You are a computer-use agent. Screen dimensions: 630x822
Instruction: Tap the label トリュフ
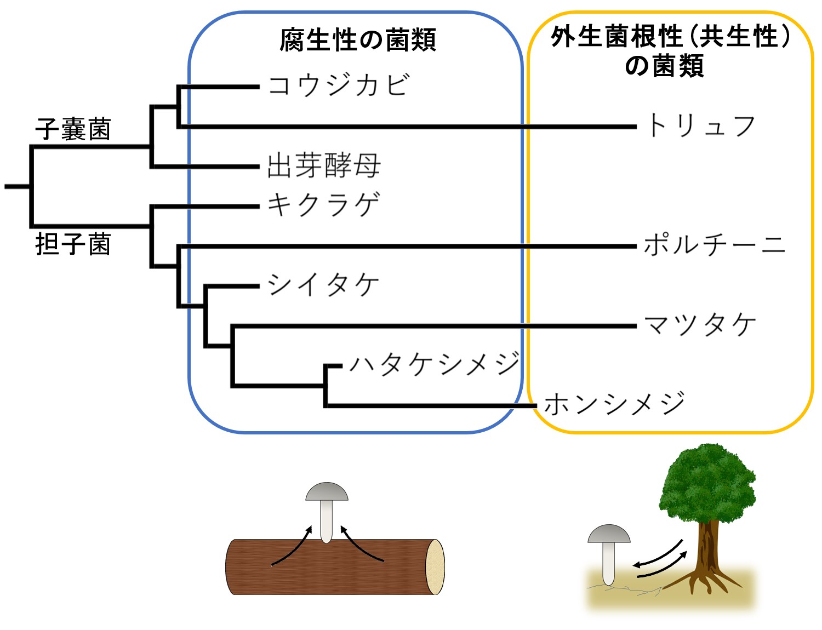(x=701, y=125)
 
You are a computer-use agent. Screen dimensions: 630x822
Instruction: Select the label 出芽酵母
(x=323, y=165)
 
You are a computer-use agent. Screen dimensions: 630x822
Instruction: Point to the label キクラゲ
(x=323, y=205)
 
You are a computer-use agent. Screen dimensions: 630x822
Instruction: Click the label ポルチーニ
(x=714, y=244)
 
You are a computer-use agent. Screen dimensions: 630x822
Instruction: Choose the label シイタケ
(x=323, y=285)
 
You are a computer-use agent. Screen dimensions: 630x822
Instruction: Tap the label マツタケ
(x=700, y=324)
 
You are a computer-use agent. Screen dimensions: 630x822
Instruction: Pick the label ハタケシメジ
(x=434, y=363)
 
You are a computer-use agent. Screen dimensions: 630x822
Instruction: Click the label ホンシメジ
(x=614, y=404)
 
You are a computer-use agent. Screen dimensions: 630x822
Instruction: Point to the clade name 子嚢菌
(x=73, y=129)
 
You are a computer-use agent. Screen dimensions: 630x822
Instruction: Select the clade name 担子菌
(x=73, y=244)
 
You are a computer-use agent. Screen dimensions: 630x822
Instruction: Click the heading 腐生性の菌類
(x=357, y=39)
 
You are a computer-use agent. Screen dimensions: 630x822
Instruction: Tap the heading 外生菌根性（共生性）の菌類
(x=670, y=51)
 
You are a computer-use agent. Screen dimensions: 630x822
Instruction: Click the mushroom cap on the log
(x=327, y=491)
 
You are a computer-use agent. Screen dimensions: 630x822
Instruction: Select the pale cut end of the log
(x=436, y=567)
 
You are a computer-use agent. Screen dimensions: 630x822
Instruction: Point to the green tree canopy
(x=707, y=482)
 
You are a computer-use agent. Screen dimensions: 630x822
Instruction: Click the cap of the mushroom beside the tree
(x=609, y=534)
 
